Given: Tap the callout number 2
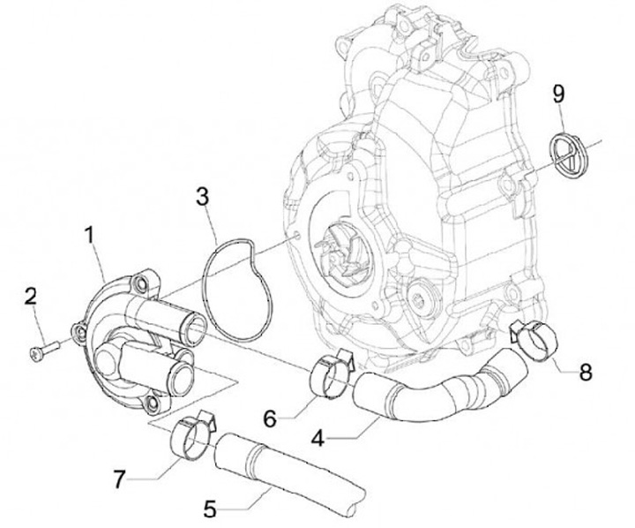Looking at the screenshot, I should (31, 296).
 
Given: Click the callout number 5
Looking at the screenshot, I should (210, 508).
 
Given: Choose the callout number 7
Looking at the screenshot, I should (121, 478).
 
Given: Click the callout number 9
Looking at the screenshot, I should (557, 93).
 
